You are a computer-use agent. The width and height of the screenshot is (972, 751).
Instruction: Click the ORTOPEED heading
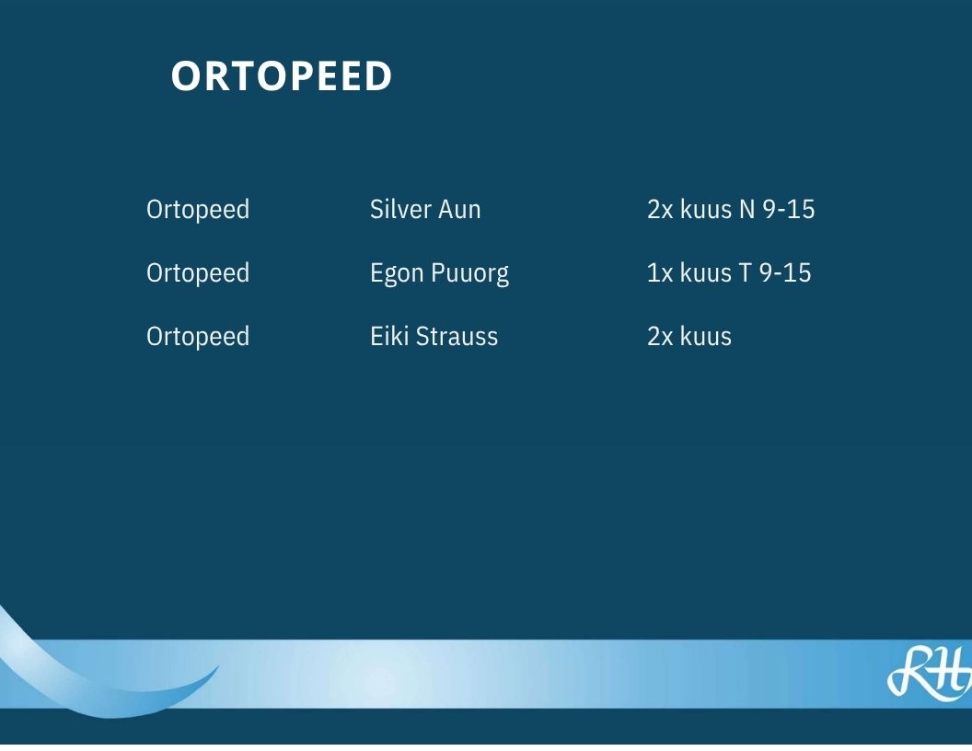(282, 76)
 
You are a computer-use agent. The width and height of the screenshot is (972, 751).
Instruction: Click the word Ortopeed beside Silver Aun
(198, 210)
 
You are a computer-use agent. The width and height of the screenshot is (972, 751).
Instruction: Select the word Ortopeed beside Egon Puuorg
(198, 273)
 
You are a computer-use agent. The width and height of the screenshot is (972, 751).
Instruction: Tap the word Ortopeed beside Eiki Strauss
(198, 337)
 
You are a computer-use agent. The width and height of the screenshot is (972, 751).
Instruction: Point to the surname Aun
(459, 210)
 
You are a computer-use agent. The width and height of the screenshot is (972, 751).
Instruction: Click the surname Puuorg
(469, 274)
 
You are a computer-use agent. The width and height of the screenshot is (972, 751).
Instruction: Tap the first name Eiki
(389, 337)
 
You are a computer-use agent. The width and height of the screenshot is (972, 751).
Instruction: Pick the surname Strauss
(457, 337)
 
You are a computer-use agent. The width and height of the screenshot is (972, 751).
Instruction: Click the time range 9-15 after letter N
(789, 210)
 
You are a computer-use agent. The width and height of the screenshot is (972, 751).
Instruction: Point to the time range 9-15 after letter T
(785, 273)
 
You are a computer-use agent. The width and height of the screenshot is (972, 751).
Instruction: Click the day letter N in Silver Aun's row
(747, 210)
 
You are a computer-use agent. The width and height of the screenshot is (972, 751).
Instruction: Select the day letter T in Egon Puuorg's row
(745, 273)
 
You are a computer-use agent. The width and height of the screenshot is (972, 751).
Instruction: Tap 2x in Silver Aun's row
(660, 210)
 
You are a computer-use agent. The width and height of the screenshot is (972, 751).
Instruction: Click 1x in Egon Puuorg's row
(660, 273)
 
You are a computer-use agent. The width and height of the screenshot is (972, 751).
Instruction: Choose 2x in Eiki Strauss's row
(660, 337)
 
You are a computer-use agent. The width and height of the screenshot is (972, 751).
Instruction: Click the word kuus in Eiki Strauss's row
(706, 337)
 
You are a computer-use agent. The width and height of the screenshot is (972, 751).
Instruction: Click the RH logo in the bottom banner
(930, 673)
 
